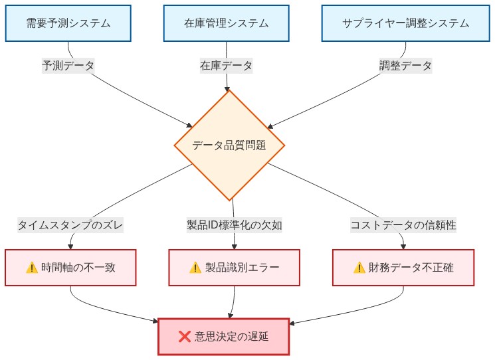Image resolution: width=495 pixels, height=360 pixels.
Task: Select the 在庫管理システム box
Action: point(227,23)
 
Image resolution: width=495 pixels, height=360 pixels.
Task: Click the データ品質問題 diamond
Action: point(229,145)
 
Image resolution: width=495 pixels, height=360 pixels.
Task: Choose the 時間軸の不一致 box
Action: point(70,268)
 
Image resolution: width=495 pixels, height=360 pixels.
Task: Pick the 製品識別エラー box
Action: point(234,268)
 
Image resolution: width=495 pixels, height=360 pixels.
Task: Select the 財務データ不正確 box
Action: point(403,268)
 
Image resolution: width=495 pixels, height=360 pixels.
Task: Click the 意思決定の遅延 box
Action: point(224,336)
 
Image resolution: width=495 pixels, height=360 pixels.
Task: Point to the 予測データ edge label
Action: point(68,66)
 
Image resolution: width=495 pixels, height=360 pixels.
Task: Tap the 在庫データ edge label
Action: point(227,66)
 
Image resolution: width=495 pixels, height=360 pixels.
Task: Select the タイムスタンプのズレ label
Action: point(70,225)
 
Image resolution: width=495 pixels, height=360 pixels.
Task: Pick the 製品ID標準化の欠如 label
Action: point(235,225)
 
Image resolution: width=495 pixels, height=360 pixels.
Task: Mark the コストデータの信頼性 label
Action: point(403,225)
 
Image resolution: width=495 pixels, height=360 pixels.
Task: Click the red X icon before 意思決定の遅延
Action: point(185,336)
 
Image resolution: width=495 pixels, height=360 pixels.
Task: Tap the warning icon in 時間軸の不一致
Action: point(32,268)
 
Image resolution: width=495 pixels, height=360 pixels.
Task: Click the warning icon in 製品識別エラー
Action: point(195,268)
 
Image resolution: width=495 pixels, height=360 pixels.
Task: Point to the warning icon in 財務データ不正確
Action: point(359,268)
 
